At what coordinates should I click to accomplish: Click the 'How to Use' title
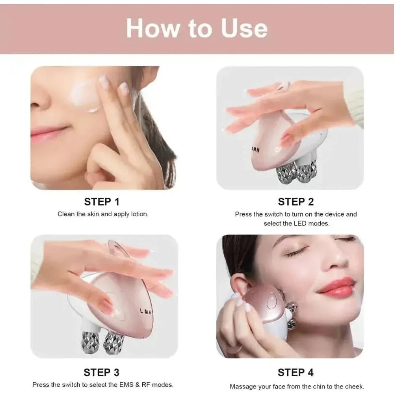[x=197, y=28]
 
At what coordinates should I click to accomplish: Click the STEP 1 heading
[x=102, y=202]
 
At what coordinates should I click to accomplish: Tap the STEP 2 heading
[x=295, y=202]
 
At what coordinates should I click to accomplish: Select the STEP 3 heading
[x=102, y=372]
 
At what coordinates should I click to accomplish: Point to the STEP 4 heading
[x=295, y=372]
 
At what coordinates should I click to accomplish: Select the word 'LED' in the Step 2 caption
[x=301, y=223]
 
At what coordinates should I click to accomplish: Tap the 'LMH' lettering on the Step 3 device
[x=147, y=311]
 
